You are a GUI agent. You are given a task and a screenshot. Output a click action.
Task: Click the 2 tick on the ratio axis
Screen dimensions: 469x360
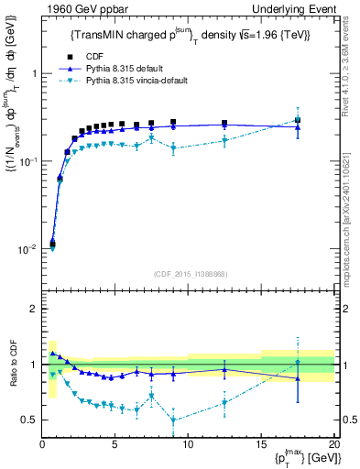pos(35,309)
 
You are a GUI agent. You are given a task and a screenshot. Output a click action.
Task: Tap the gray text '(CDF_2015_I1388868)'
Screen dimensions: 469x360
pos(188,274)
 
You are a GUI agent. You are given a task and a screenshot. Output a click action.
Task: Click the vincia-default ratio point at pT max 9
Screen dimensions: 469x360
pos(173,420)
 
